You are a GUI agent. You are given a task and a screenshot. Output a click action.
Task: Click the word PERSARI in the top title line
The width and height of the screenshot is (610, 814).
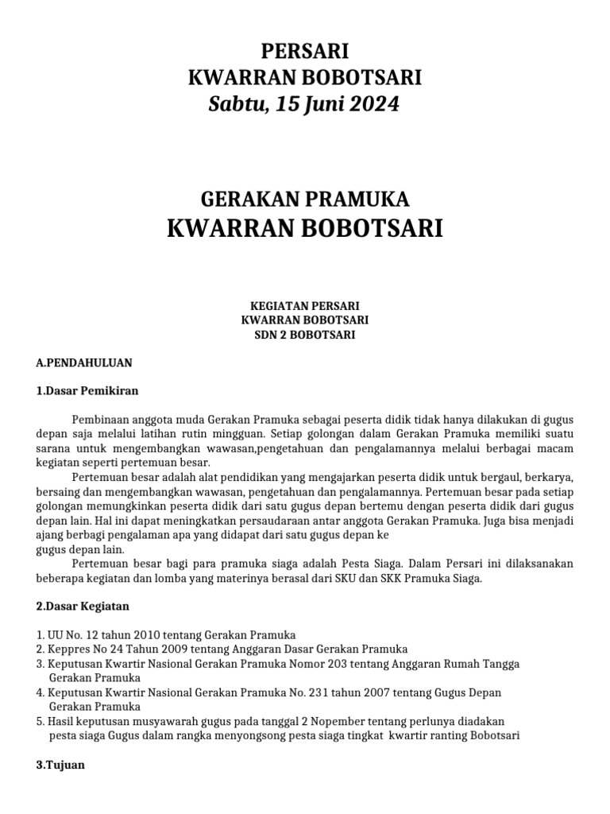[x=305, y=52]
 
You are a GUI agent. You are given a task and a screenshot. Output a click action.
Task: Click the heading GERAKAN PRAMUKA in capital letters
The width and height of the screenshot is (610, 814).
[x=305, y=198]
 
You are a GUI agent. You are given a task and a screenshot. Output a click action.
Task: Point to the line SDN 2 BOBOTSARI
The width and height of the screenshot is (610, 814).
[x=305, y=335]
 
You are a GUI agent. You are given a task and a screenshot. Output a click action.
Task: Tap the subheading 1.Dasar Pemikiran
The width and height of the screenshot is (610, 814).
[x=88, y=390]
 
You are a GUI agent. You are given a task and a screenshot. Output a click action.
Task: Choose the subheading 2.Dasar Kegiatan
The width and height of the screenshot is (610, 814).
[x=83, y=607]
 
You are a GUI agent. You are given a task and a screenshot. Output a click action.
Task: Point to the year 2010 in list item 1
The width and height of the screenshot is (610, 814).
[x=124, y=635]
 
